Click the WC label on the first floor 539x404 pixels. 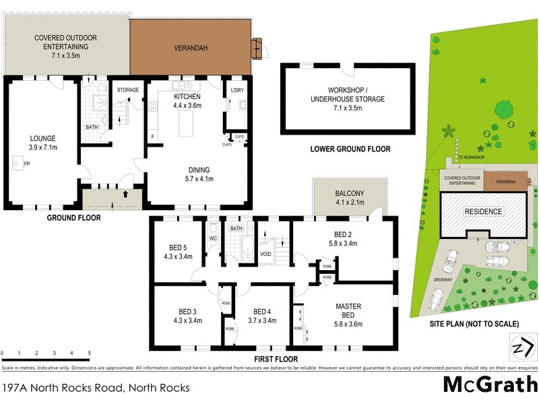(x=212, y=238)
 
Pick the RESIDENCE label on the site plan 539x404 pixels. (x=483, y=211)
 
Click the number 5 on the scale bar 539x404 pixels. (x=90, y=353)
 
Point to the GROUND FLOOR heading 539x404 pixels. (x=73, y=217)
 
